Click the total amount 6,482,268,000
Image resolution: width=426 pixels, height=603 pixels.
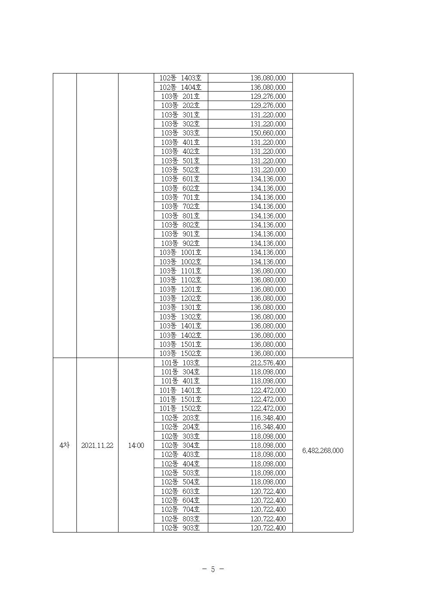(x=323, y=450)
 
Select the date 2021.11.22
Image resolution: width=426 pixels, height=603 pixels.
(x=97, y=446)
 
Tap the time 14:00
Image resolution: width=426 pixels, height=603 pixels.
(x=136, y=446)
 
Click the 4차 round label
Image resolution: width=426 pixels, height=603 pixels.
(x=64, y=446)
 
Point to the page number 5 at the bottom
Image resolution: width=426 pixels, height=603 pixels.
(x=213, y=569)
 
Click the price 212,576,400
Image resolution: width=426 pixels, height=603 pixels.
(x=268, y=363)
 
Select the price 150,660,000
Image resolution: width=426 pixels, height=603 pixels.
(x=268, y=133)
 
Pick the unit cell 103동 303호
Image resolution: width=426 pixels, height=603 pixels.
(x=180, y=133)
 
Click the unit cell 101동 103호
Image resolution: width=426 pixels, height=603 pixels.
(x=180, y=363)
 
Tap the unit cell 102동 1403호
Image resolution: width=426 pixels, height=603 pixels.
(x=180, y=78)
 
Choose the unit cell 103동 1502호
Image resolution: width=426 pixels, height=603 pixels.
(x=180, y=353)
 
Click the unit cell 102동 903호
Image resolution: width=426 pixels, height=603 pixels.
(x=180, y=528)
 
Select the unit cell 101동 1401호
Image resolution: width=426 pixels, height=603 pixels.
(x=180, y=390)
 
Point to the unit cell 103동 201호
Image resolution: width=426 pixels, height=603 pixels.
(x=180, y=96)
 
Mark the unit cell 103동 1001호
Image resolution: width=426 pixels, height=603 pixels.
(x=180, y=252)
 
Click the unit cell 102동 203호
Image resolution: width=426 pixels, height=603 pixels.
(x=180, y=418)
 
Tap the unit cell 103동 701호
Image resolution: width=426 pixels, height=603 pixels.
(x=180, y=197)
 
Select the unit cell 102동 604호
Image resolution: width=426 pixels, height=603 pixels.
(x=180, y=500)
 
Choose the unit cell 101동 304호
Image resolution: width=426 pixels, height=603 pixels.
(x=180, y=372)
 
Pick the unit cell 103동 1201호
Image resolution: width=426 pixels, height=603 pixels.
(x=180, y=289)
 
